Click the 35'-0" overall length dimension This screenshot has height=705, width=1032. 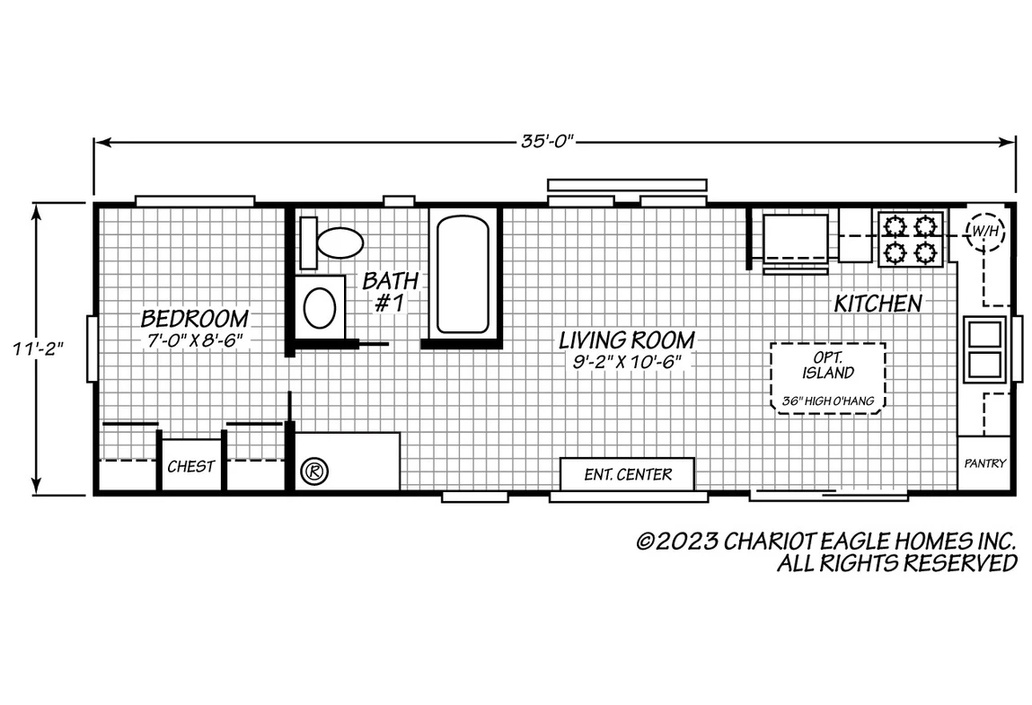tap(548, 141)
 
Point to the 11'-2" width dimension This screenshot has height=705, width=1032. tap(38, 348)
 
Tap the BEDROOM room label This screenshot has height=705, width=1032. tap(195, 319)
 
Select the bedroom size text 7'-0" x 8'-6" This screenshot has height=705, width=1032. tap(195, 340)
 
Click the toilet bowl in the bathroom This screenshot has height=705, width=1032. tap(340, 242)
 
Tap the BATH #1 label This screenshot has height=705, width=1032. tap(391, 291)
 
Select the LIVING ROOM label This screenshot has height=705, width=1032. tap(627, 339)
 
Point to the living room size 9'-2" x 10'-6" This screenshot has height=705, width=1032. tap(627, 361)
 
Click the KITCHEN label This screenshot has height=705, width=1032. tap(878, 304)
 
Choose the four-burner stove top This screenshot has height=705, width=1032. tap(911, 239)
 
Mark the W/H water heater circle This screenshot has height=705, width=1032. tap(984, 231)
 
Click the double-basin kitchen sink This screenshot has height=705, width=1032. tap(984, 348)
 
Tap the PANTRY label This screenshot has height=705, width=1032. tap(985, 463)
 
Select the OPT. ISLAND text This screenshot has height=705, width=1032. tap(828, 366)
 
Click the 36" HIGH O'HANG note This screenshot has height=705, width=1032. tap(828, 401)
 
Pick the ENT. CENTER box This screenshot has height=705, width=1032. tap(627, 474)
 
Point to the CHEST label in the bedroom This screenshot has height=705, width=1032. tap(191, 467)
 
